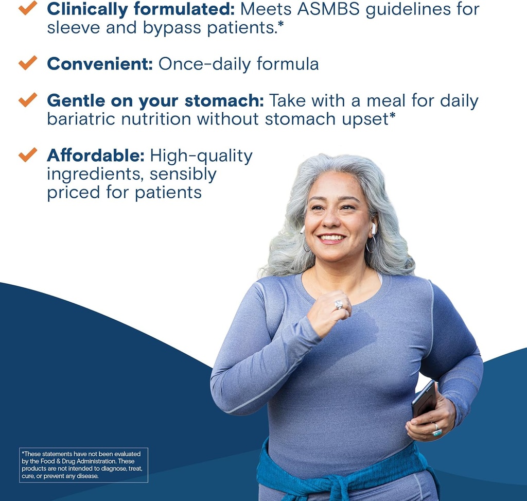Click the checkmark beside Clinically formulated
point(28,7)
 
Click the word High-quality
point(201,156)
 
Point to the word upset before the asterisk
point(362,119)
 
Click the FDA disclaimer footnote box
point(83,465)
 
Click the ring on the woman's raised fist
point(339,305)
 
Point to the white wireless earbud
point(374,228)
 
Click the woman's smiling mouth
point(332,238)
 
